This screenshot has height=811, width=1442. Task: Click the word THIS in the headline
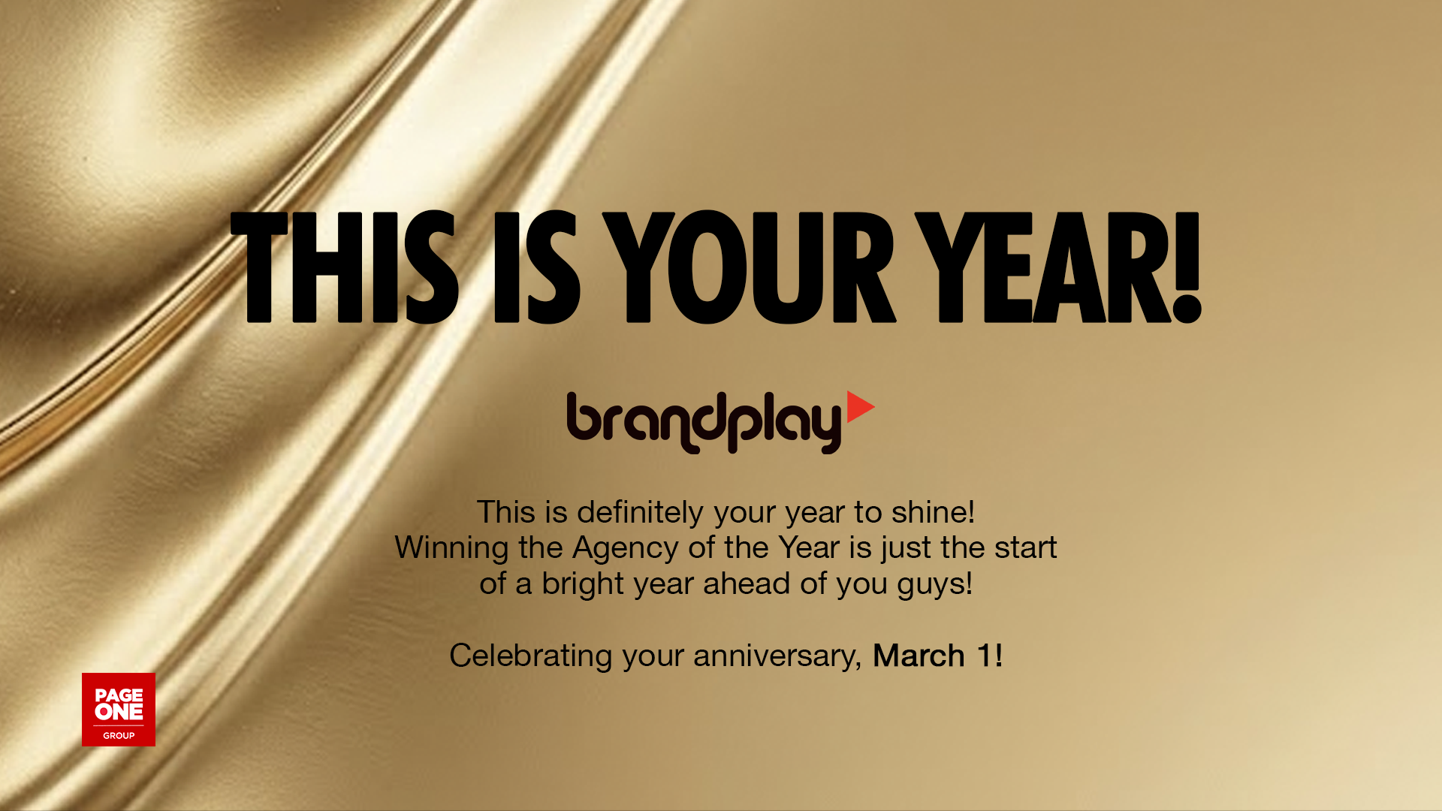pos(345,267)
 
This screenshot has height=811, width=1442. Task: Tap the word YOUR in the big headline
pos(750,267)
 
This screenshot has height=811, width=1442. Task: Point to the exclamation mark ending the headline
pos(1187,267)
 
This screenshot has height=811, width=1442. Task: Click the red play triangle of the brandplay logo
pos(859,407)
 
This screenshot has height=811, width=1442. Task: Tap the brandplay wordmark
pos(704,423)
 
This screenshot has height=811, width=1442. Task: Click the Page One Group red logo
pos(119,710)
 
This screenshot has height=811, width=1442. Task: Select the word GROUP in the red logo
pos(119,736)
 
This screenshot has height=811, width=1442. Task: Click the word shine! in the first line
pos(933,512)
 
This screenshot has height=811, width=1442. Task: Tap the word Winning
pos(451,548)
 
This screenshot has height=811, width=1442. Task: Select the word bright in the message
pos(583,584)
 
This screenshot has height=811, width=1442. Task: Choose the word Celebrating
pos(531,656)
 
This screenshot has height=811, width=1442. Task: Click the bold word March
pos(919,656)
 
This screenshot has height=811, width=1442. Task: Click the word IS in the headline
pos(536,267)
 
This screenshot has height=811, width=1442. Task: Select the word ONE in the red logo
pos(119,712)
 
